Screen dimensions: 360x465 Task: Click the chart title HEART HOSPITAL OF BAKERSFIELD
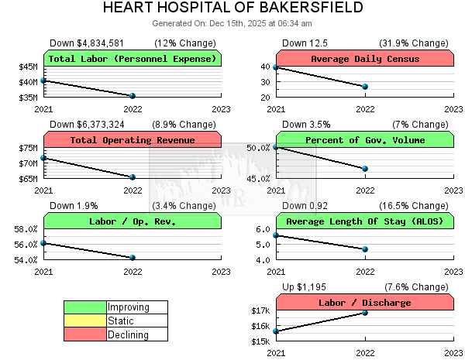(232, 9)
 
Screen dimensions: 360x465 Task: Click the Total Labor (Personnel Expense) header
(133, 59)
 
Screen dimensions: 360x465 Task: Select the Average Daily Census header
(365, 59)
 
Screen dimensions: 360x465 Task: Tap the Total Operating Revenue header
(133, 140)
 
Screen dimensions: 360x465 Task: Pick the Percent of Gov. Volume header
(365, 140)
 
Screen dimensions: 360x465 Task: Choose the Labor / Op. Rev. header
(133, 221)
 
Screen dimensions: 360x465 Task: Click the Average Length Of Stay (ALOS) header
(365, 221)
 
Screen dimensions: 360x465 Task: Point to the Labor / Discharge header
(365, 303)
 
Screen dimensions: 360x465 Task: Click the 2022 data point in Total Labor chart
(133, 96)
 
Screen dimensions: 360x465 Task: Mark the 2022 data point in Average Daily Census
(365, 87)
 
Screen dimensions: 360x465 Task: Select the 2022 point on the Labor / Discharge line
(365, 312)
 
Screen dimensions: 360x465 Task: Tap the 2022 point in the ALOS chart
(365, 249)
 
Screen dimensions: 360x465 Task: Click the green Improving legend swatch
(85, 307)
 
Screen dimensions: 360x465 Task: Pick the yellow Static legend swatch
(85, 321)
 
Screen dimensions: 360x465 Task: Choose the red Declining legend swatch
(85, 335)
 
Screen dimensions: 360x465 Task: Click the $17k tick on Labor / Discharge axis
(260, 310)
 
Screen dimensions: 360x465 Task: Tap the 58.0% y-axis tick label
(26, 229)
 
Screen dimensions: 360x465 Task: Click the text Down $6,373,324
(87, 124)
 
